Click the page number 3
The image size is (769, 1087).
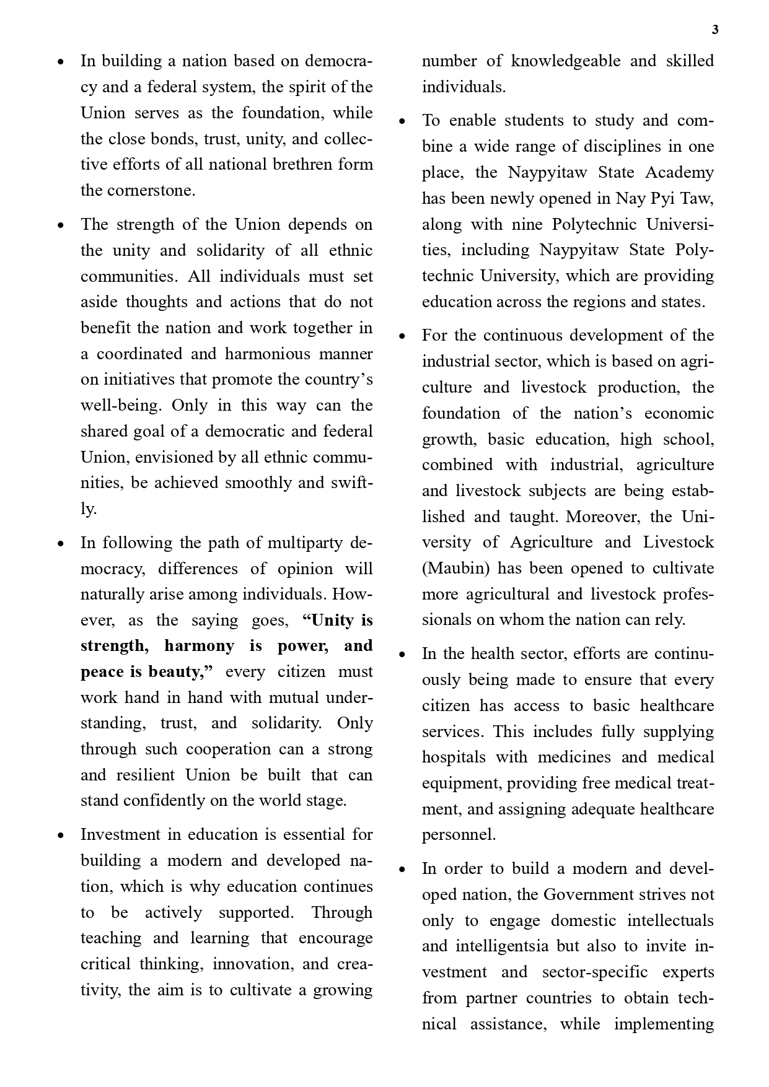click(x=715, y=30)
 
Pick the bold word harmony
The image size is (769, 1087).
click(x=199, y=645)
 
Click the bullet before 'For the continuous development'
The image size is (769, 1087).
click(x=402, y=336)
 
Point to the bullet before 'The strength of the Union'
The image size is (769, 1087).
click(x=60, y=225)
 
